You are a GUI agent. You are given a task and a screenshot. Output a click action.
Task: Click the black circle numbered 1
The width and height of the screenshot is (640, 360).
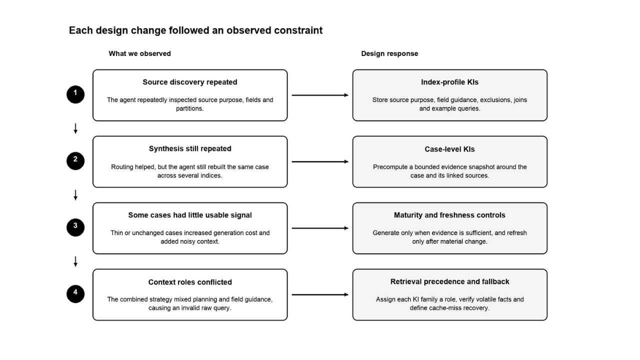[x=75, y=94]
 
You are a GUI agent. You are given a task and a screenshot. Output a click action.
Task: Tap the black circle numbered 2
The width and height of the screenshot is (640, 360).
[x=75, y=161]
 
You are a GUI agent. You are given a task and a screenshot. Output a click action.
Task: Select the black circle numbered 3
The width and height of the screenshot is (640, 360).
[x=75, y=227]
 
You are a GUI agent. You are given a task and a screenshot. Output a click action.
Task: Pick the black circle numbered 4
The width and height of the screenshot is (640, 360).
[x=75, y=294]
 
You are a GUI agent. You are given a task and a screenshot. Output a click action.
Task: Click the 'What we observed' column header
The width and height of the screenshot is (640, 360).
[x=139, y=53]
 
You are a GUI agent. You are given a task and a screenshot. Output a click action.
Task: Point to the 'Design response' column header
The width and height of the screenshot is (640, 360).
[x=389, y=53]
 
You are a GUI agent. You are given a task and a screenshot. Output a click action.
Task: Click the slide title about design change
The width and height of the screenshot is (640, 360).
[x=195, y=30]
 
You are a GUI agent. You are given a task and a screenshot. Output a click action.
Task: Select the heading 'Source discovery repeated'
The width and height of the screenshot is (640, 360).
[x=190, y=82]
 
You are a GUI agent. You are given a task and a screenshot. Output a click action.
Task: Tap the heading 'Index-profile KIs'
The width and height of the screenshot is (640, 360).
[x=449, y=82]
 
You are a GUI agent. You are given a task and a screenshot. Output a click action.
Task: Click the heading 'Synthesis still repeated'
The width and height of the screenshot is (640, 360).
[x=190, y=148]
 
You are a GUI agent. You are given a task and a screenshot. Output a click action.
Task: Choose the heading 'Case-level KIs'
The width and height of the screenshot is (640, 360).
[x=449, y=149]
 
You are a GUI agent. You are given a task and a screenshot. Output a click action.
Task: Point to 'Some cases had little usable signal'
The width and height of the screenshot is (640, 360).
[x=190, y=215]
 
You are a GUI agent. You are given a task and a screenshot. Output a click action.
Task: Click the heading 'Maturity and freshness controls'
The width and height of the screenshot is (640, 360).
[x=449, y=215]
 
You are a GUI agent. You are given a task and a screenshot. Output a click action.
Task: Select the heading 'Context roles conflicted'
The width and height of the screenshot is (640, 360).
[x=190, y=282]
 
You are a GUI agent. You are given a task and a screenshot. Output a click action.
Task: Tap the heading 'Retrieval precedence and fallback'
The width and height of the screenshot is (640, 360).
[x=449, y=281]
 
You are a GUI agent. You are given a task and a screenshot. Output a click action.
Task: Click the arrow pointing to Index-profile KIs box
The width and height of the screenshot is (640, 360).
[x=320, y=95]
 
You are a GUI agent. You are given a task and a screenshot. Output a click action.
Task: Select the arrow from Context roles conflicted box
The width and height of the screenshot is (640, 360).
[x=320, y=294]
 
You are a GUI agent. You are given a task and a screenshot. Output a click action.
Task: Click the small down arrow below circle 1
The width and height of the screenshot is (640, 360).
[x=75, y=128]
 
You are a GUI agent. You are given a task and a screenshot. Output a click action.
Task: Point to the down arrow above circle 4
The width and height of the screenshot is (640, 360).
[x=75, y=261]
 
